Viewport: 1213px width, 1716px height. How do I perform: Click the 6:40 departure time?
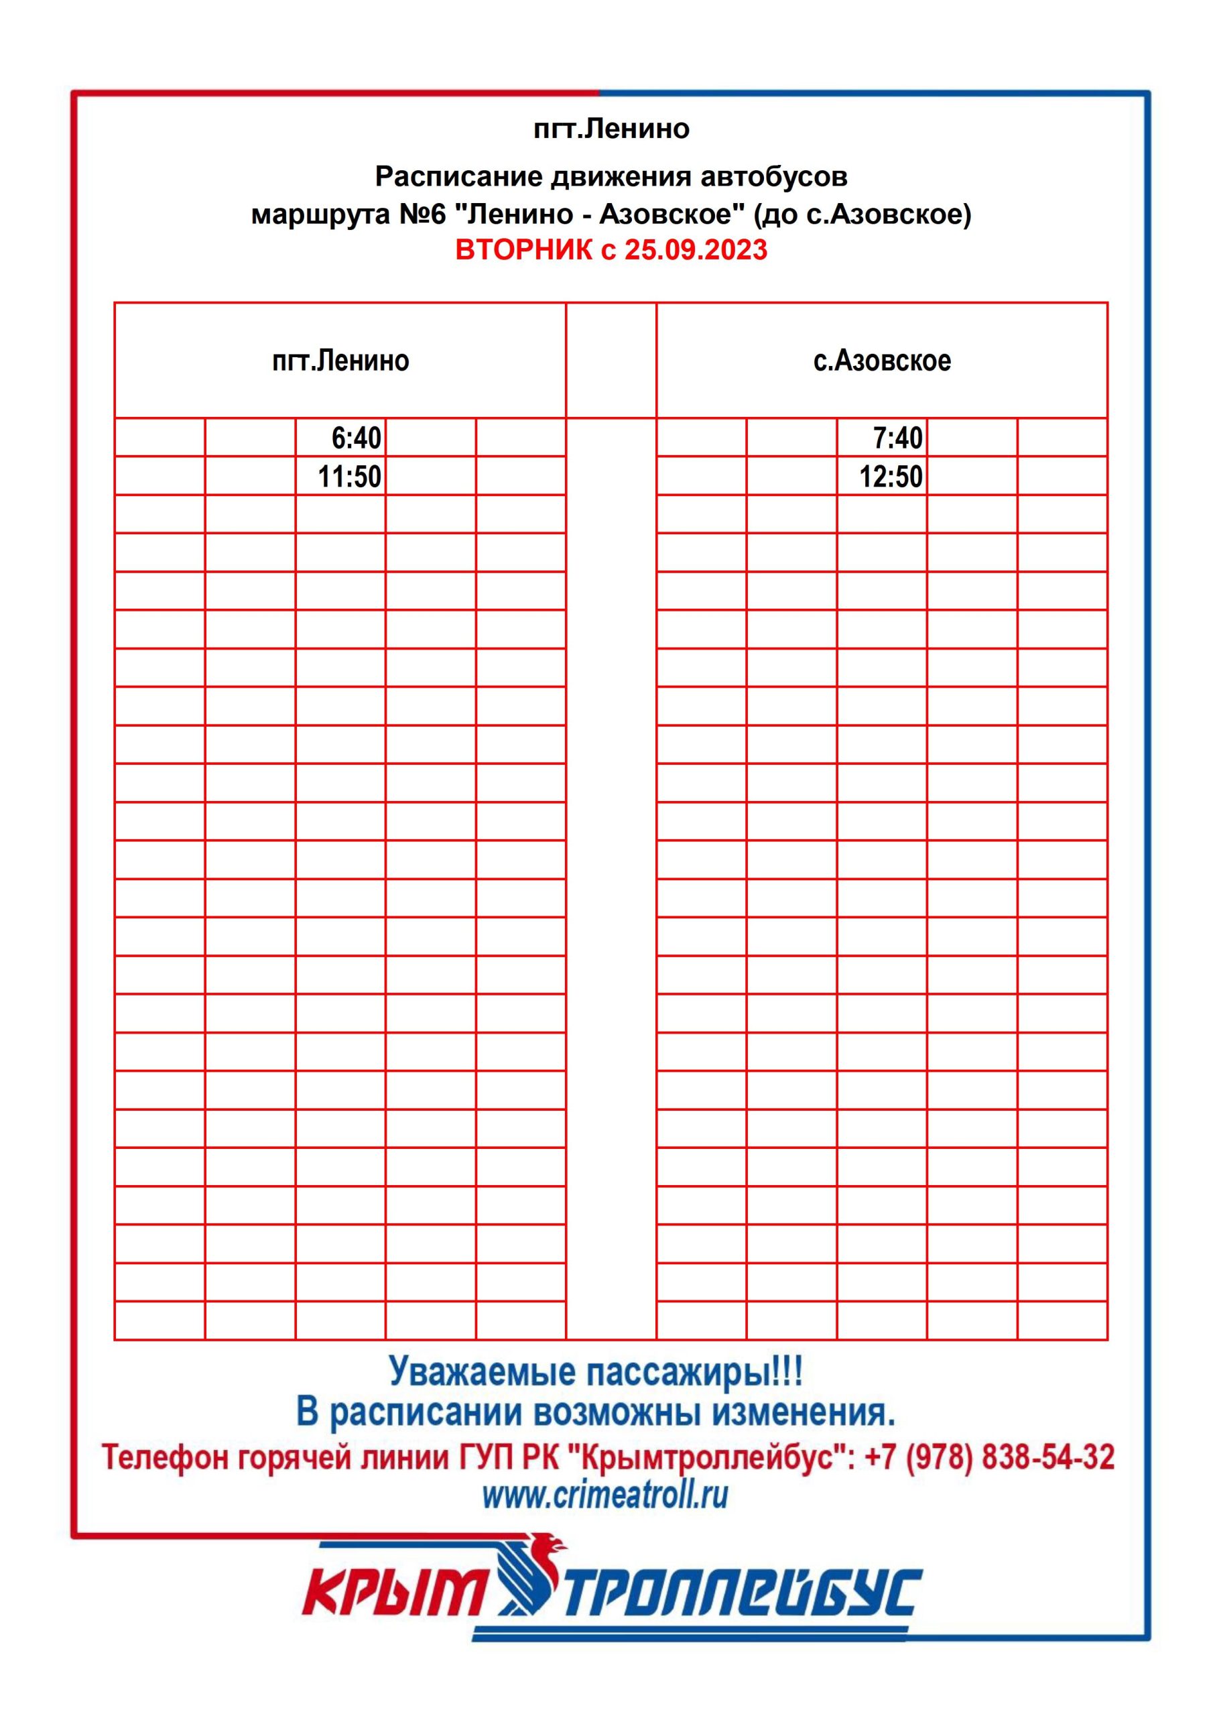pyautogui.click(x=356, y=438)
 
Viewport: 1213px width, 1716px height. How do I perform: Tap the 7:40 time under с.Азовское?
pyautogui.click(x=897, y=438)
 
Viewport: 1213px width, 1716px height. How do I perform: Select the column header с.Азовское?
pyautogui.click(x=882, y=361)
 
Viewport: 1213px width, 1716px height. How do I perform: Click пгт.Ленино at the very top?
pyautogui.click(x=611, y=129)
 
